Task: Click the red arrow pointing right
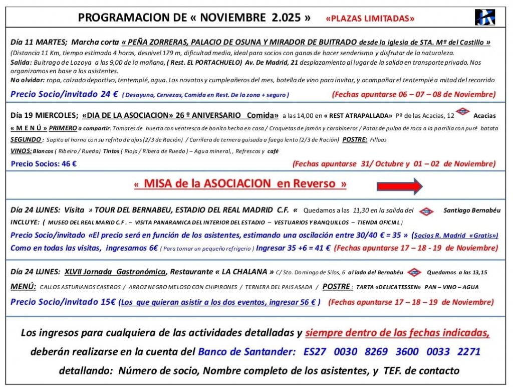[x=399, y=186]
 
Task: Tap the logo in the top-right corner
[x=484, y=17]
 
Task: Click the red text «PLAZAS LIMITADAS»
[x=370, y=19]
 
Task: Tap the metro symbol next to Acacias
[x=462, y=112]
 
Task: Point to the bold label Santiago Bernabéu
[x=471, y=211]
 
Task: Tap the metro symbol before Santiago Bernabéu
[x=426, y=211]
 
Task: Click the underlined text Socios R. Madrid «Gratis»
[x=455, y=235]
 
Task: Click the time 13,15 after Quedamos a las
[x=479, y=272]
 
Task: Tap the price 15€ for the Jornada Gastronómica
[x=109, y=302]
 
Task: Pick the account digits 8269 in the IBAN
[x=376, y=351]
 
